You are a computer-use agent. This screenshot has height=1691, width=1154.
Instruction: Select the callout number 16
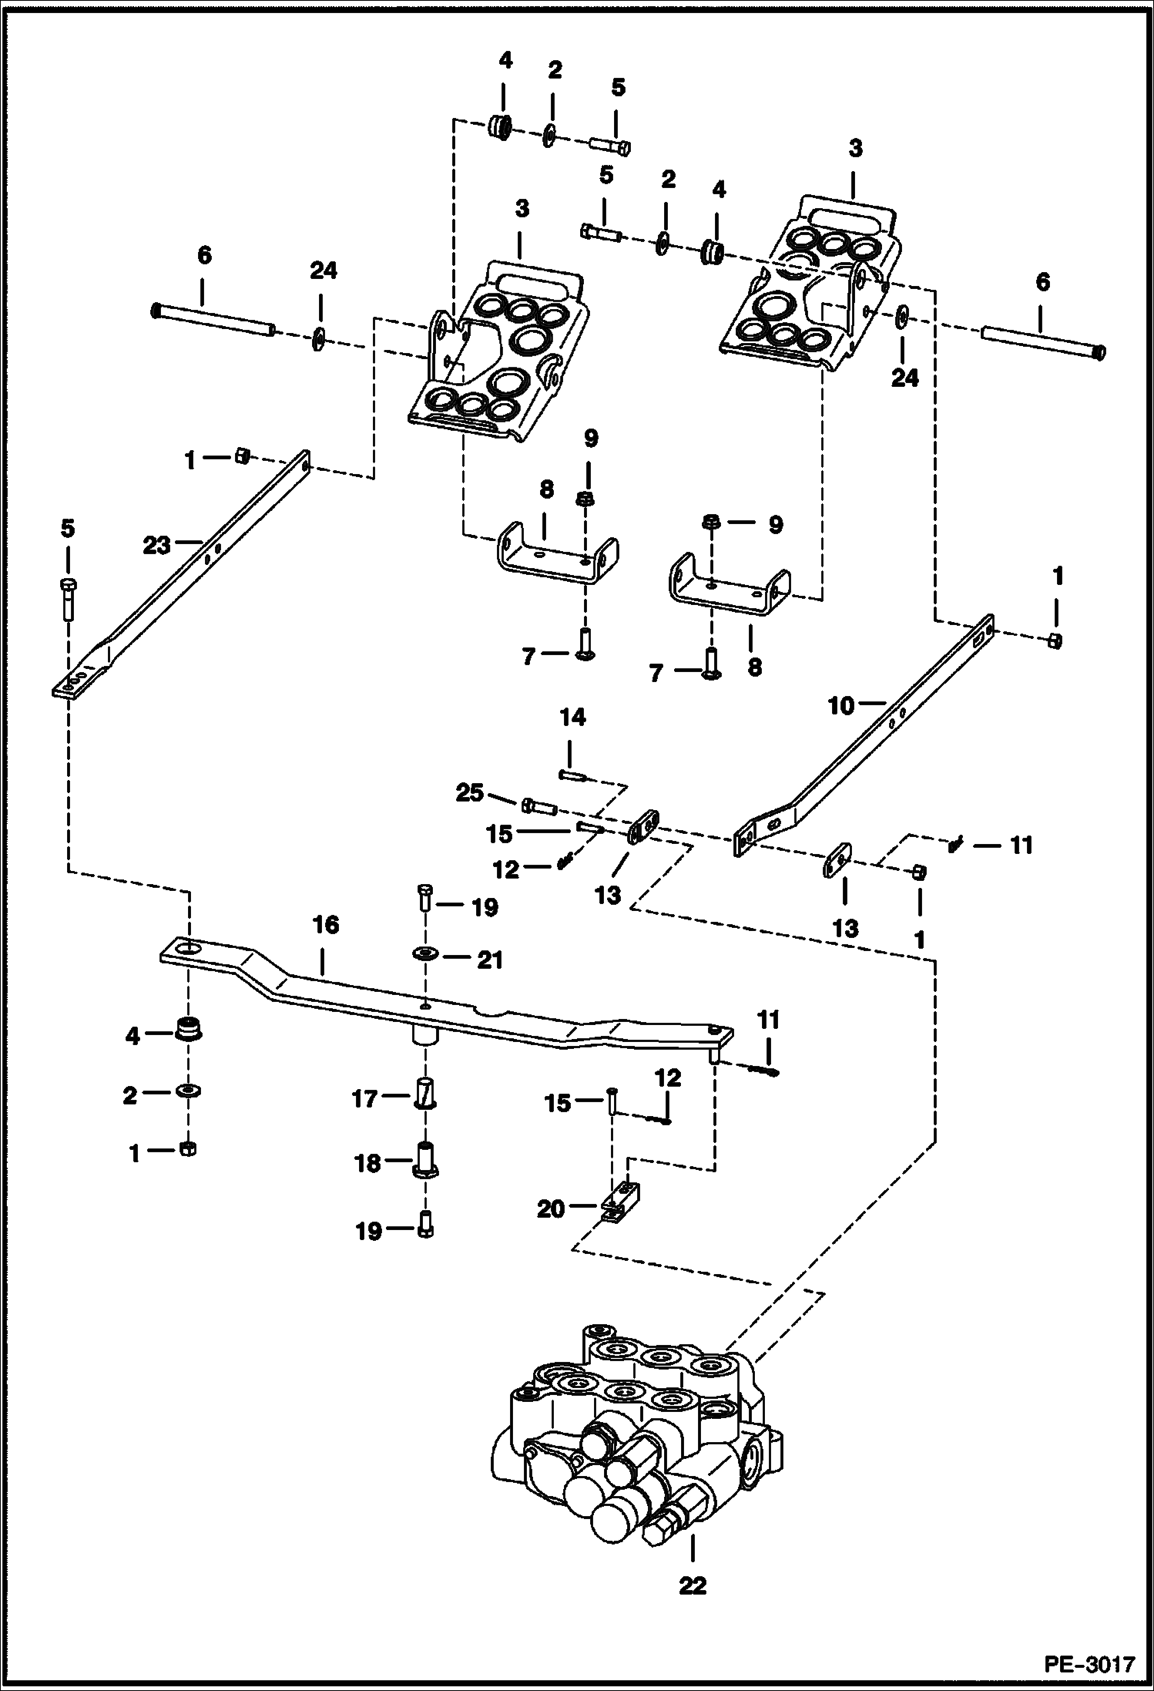[x=325, y=924]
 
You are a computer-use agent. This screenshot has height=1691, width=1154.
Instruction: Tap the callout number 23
[x=156, y=546]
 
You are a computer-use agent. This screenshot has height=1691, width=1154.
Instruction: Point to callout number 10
[x=841, y=705]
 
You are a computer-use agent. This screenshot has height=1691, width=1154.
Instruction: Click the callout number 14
[x=572, y=718]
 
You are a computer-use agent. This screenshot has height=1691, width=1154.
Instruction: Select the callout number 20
[x=551, y=1209]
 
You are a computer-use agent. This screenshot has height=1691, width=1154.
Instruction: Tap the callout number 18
[x=368, y=1163]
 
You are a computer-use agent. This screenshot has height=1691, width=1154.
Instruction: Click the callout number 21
[x=490, y=960]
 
